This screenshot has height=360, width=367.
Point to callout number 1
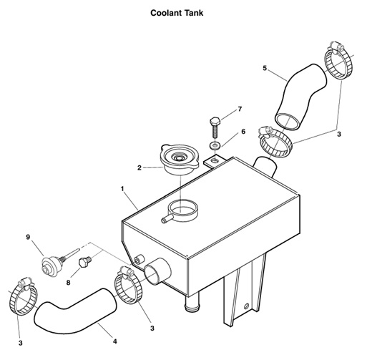click(x=123, y=190)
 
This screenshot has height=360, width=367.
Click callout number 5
click(x=265, y=69)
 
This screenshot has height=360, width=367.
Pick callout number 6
click(x=243, y=132)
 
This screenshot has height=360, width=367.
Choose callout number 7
click(x=240, y=109)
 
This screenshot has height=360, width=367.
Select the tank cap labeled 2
click(x=182, y=158)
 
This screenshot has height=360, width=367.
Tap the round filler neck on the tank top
click(x=183, y=212)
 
